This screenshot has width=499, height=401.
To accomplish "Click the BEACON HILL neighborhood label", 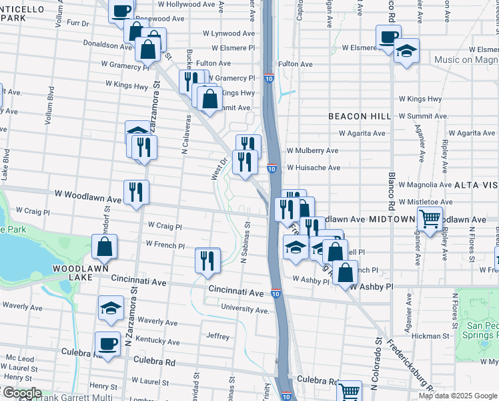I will point(359,116).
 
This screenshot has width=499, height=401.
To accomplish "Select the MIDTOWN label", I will point(392,219).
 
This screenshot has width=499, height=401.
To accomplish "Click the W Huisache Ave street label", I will point(314,168).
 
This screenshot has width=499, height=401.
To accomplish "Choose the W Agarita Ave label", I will point(417,133).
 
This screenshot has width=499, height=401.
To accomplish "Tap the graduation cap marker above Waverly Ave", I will point(111,307).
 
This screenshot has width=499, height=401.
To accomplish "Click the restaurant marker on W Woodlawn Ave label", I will point(136,192).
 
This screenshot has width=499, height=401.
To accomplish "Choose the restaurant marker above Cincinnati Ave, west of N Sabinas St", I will point(207,259).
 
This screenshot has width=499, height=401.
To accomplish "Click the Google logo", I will point(21,394).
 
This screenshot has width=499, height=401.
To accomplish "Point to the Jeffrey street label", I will point(217,336).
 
